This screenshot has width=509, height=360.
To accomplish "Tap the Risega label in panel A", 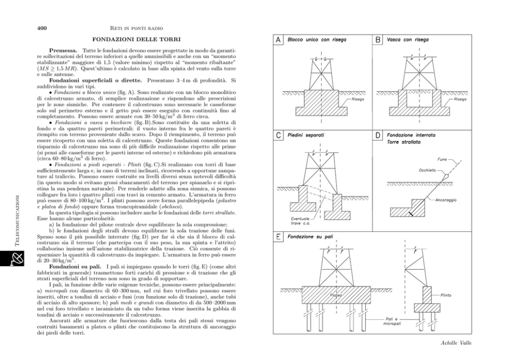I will point(358,99).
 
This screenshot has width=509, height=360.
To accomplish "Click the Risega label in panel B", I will point(460,99).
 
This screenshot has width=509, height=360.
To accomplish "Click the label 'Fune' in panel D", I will point(442,159).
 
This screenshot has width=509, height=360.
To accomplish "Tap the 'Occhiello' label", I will point(428,170).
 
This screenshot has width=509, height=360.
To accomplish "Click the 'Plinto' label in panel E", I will point(446,295).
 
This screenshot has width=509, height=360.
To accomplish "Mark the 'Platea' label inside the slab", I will point(336,295).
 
